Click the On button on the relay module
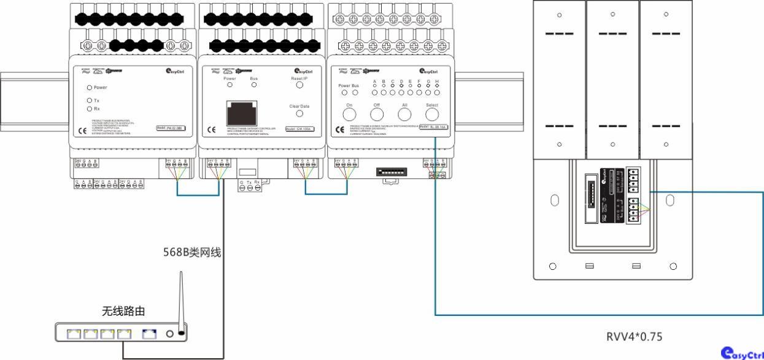pos(350,113)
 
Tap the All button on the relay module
pos(405,113)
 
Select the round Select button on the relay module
pos(432,113)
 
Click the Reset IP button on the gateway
pos(299,86)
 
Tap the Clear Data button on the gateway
pos(299,113)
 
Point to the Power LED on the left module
pos(90,87)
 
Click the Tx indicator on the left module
pos(90,100)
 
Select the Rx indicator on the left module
pos(90,109)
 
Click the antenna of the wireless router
pos(181,301)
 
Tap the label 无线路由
pos(123,312)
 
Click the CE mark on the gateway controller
pos(212,129)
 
